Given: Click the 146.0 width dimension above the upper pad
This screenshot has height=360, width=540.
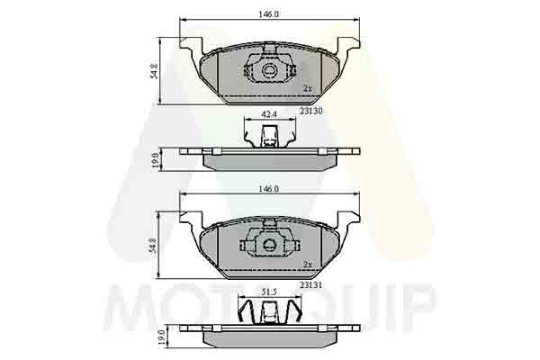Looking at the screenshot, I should click(270, 13).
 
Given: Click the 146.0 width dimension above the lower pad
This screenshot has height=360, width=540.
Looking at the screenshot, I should click(270, 190).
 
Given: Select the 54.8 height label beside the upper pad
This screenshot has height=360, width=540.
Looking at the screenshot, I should click(155, 69).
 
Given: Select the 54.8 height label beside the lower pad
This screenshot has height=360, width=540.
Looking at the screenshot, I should click(155, 246).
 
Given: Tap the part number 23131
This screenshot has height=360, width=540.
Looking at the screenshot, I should click(312, 283).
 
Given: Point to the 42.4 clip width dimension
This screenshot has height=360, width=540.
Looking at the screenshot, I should click(268, 115).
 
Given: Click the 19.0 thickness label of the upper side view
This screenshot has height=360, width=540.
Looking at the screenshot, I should click(155, 159).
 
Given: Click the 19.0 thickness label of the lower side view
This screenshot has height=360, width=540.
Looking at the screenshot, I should click(155, 337).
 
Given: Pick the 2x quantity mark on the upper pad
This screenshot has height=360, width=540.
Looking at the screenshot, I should click(308, 88).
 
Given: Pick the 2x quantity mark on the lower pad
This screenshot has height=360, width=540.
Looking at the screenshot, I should click(308, 265).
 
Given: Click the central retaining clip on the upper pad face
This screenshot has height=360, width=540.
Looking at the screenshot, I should click(268, 69).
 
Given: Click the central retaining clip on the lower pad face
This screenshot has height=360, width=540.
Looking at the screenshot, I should click(268, 246).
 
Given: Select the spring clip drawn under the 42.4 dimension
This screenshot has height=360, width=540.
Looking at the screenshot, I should click(268, 137).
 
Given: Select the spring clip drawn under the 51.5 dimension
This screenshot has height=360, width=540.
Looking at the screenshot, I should click(268, 313).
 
